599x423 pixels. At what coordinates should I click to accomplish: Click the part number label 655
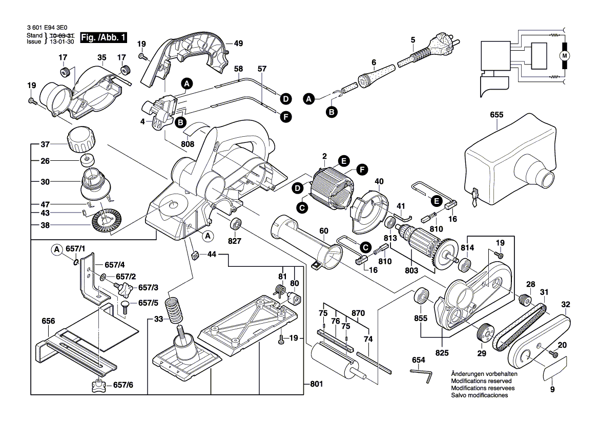[x=497, y=116]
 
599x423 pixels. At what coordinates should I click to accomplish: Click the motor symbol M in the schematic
[x=565, y=55]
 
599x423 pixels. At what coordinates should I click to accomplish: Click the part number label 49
[x=238, y=44]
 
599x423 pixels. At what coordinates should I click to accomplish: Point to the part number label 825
[x=442, y=353]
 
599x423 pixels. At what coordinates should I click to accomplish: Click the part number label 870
[x=358, y=313]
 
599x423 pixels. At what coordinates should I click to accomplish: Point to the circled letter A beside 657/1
[x=57, y=249]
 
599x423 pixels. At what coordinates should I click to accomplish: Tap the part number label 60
[x=323, y=231]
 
